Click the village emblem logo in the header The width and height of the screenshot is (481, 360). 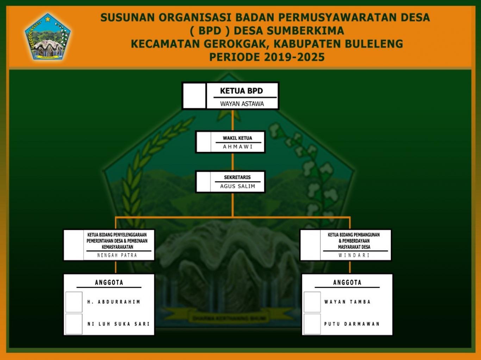[x=48, y=37]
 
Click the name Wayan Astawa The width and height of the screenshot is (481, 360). [x=242, y=104]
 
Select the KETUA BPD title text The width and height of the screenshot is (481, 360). [x=242, y=91]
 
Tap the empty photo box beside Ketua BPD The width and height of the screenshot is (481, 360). [x=194, y=96]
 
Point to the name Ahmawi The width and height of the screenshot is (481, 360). [x=238, y=147]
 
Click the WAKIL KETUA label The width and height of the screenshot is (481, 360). [x=237, y=138]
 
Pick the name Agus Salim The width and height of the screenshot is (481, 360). [x=238, y=186]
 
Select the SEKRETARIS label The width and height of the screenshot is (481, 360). [x=237, y=177]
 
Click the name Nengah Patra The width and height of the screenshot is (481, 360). [x=117, y=255]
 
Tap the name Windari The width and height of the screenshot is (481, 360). [x=354, y=255]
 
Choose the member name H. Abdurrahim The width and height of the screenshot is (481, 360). [x=114, y=302]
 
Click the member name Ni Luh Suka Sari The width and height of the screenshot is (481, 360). [x=119, y=324]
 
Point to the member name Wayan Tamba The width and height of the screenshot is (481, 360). [x=348, y=302]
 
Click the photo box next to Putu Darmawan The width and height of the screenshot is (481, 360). [x=312, y=324]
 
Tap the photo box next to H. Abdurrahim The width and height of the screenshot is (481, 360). [x=74, y=302]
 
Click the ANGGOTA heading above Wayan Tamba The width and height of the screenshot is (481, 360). [x=347, y=282]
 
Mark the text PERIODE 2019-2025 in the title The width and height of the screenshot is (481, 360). [x=267, y=57]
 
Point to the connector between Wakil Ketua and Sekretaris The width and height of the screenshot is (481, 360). [x=232, y=162]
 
